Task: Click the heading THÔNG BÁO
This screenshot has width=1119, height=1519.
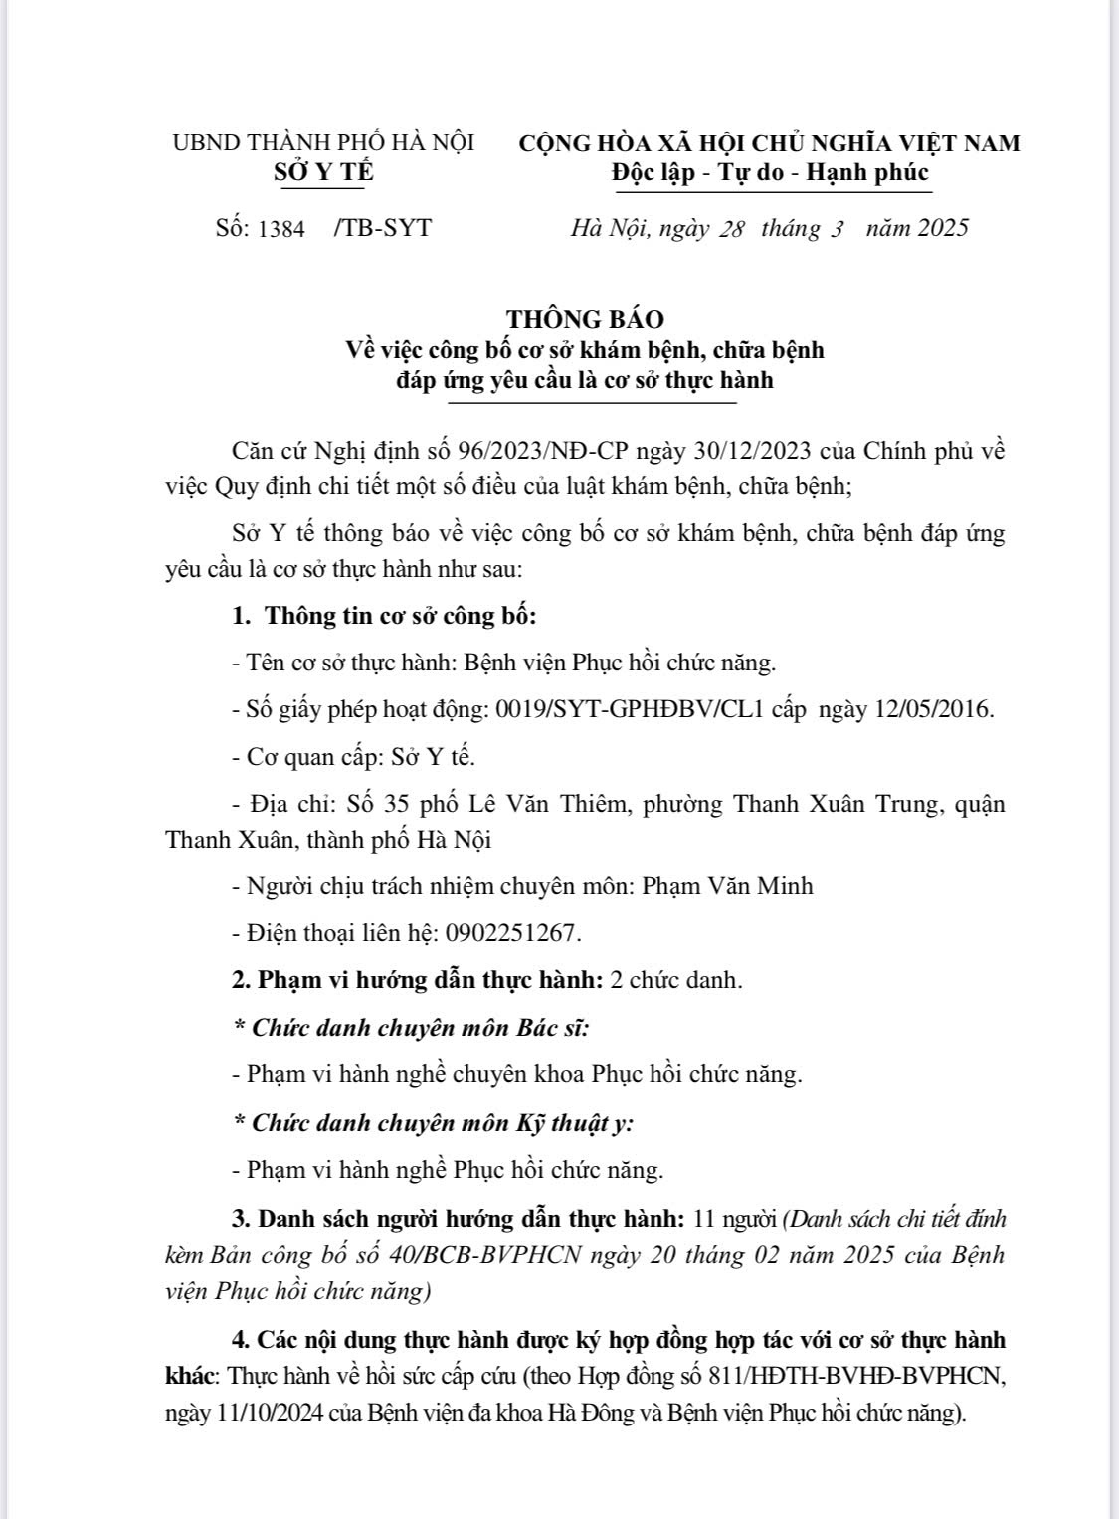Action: [585, 319]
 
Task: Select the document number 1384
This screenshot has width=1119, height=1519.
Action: [281, 229]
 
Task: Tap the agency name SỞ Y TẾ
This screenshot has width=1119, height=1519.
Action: [323, 172]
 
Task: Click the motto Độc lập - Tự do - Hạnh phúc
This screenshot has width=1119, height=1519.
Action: [770, 172]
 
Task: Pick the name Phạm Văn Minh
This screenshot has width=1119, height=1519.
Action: [727, 885]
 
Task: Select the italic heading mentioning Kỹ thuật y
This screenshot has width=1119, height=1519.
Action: [434, 1123]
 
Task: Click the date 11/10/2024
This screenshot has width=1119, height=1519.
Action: [270, 1414]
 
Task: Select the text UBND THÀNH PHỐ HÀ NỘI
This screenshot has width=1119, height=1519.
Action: [323, 142]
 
